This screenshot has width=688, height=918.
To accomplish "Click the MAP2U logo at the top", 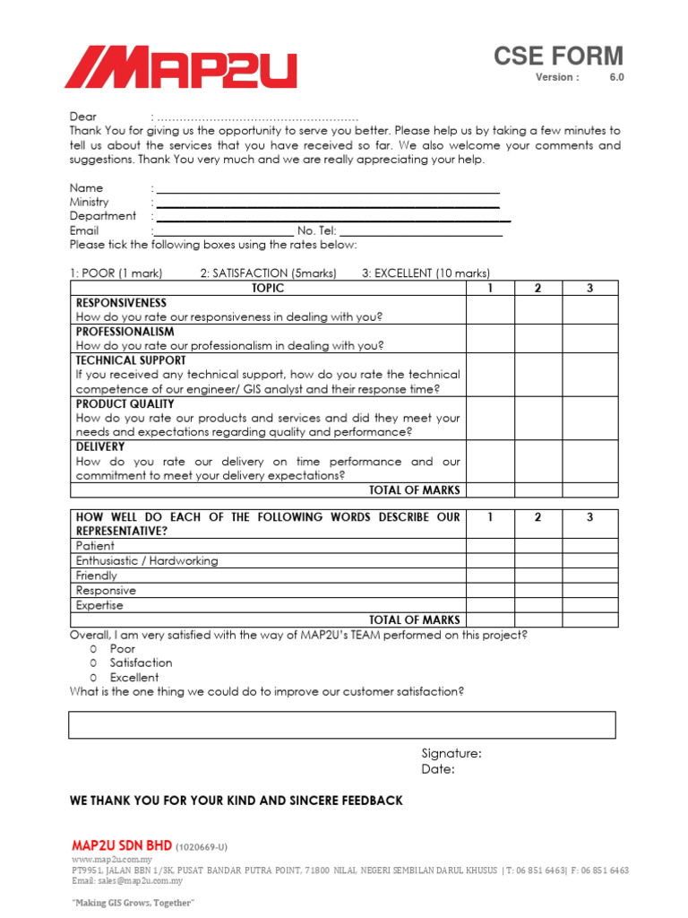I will pyautogui.click(x=180, y=68).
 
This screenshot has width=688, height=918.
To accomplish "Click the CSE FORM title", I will pyautogui.click(x=558, y=56).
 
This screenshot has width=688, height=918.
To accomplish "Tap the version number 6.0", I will pyautogui.click(x=617, y=78).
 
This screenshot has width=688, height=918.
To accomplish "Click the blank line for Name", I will pyautogui.click(x=328, y=188).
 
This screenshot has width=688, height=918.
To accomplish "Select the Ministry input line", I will pyautogui.click(x=328, y=203).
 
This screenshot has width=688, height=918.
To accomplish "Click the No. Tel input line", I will pyautogui.click(x=421, y=231).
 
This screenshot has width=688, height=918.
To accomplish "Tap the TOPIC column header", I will pyautogui.click(x=268, y=288).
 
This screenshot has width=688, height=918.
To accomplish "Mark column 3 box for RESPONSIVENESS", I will pyautogui.click(x=589, y=309).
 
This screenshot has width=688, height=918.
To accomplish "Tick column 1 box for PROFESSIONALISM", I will pyautogui.click(x=490, y=338).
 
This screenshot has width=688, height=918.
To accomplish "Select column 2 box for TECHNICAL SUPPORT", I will pyautogui.click(x=538, y=375).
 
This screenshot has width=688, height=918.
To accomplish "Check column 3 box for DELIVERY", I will pyautogui.click(x=589, y=461).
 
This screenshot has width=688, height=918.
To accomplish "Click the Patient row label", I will pyautogui.click(x=96, y=546).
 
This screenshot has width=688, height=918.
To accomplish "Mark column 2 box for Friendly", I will pyautogui.click(x=538, y=576).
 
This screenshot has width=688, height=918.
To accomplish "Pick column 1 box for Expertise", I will pyautogui.click(x=490, y=605).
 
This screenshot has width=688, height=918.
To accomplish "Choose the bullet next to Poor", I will pyautogui.click(x=93, y=648).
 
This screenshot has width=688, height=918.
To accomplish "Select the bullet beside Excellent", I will pyautogui.click(x=93, y=678).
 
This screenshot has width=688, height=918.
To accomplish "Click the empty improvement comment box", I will pyautogui.click(x=341, y=724).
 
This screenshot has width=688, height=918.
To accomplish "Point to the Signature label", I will pyautogui.click(x=451, y=754).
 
